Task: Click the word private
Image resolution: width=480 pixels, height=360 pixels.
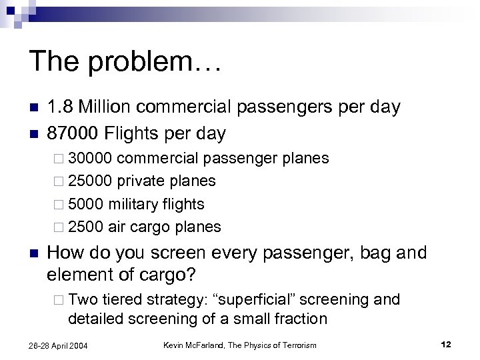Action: [x=143, y=181]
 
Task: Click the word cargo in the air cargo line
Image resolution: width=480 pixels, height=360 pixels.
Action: [x=149, y=227]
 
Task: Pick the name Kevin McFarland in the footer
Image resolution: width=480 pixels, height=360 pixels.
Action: [x=199, y=343]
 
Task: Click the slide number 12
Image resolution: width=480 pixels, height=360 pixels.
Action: [x=446, y=343]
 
